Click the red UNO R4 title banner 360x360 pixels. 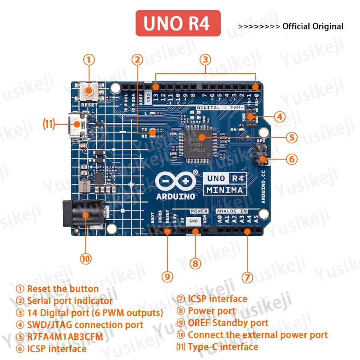[178, 23]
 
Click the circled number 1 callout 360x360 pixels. [89, 60]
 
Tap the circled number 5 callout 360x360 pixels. [292, 138]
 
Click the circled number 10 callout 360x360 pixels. [85, 258]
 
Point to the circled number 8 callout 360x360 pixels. [195, 263]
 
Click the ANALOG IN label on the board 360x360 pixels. [232, 211]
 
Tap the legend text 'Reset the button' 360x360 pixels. [62, 289]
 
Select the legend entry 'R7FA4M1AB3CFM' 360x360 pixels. [65, 337]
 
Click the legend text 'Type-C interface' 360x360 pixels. [223, 347]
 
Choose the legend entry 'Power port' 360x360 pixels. [212, 311]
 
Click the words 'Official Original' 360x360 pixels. [313, 27]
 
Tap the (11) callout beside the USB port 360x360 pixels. [49, 124]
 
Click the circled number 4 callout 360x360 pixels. [280, 117]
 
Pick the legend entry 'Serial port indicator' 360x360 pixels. [70, 301]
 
